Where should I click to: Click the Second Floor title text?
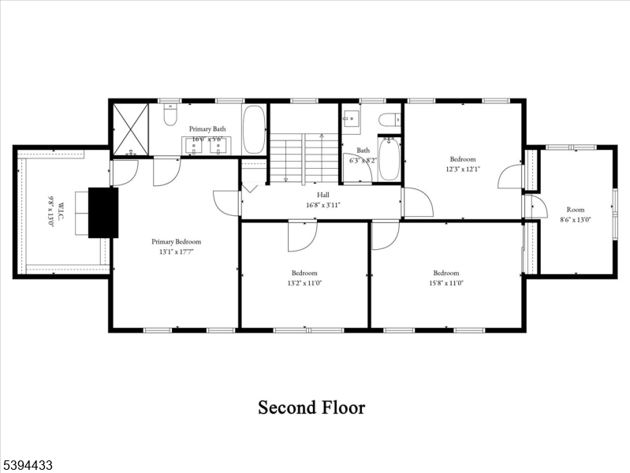(311, 408)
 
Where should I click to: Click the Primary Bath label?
(207, 128)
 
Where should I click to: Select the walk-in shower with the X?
(130, 129)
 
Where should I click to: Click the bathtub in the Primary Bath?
(254, 130)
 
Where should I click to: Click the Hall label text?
(323, 195)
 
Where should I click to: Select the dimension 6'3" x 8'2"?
(363, 160)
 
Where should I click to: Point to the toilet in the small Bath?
(387, 121)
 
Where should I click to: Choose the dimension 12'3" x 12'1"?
(463, 168)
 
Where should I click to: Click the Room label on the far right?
(575, 210)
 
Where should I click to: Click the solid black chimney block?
(103, 212)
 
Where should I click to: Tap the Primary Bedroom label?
(177, 242)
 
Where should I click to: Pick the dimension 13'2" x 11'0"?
(304, 282)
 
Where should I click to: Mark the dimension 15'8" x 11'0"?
(445, 282)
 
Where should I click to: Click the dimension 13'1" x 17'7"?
(177, 252)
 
